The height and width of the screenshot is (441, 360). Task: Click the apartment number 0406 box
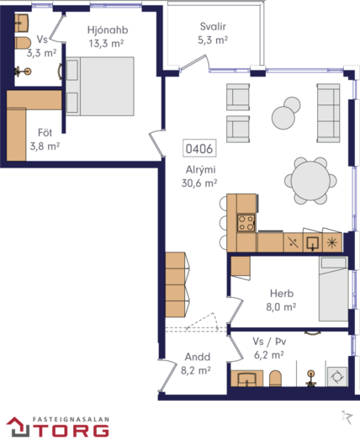coord(199,148)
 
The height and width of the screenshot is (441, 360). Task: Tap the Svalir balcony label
coord(213,26)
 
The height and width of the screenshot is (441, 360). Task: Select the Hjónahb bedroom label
coord(108,29)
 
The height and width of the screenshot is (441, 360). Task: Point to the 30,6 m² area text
coord(199,183)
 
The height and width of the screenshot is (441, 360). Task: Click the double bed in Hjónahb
coord(100,87)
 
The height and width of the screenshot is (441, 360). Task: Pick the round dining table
coord(310,181)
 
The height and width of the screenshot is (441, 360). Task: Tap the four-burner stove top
coord(246,223)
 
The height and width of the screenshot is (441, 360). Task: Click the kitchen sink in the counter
coord(313,242)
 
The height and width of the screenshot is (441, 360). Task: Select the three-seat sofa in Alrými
coord(328,113)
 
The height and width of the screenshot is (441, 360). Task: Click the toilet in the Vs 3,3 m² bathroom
coord(23,43)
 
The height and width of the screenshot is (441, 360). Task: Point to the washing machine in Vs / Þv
coord(337,376)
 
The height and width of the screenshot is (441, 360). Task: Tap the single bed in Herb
coord(333,289)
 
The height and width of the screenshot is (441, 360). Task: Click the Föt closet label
coord(45,132)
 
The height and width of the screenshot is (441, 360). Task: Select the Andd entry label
coord(198,357)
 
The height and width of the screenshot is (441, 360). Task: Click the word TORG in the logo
coord(73,431)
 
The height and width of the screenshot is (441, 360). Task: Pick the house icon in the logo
coord(18,427)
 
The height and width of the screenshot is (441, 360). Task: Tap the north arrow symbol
coord(347,417)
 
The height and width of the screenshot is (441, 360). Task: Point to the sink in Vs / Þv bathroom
coord(246,378)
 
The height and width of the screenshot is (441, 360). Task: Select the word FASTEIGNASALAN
coord(71,419)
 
